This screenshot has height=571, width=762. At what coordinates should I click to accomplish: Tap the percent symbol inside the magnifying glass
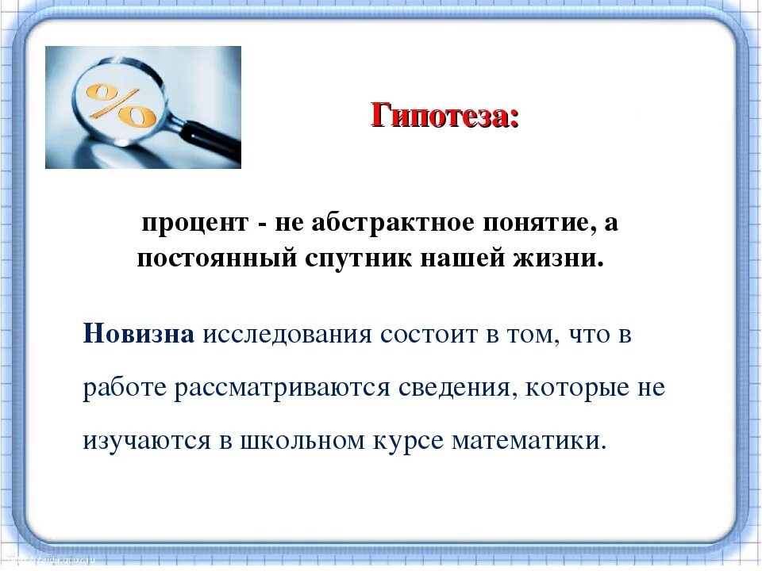[x=121, y=106]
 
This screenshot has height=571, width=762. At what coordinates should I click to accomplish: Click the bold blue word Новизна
[x=139, y=334]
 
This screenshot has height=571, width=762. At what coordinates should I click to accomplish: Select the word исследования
[x=287, y=334]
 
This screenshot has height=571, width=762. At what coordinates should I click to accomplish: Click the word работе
[x=126, y=388]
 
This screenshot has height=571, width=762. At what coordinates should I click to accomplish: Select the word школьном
[x=294, y=441]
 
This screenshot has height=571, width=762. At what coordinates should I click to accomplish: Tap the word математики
[x=527, y=441]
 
